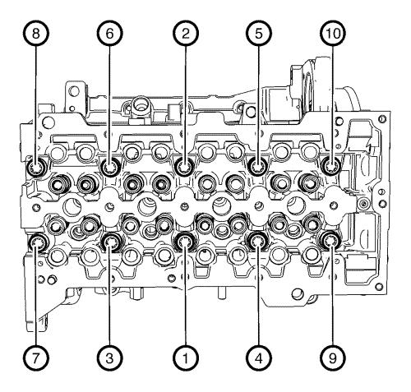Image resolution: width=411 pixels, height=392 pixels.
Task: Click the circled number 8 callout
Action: pos(35,34)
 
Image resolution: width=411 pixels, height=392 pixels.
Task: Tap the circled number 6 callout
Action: pos(109,34)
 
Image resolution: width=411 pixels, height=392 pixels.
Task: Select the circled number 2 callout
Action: pos(185,34)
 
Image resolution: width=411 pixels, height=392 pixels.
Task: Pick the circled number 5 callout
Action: pos(259,34)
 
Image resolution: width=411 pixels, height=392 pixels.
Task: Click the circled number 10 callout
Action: pos(333,34)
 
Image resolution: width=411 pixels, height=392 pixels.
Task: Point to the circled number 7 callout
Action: pos(35,357)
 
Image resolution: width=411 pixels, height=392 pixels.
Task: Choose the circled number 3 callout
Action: pos(109,357)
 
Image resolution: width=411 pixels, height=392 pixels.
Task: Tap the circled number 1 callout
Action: pos(185,357)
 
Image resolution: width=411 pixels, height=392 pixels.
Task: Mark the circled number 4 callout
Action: pos(259,357)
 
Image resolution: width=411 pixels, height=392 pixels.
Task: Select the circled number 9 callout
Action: pos(333,357)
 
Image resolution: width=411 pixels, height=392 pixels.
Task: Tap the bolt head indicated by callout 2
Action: pos(185,167)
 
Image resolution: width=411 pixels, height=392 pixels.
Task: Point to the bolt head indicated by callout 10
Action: pos(331,166)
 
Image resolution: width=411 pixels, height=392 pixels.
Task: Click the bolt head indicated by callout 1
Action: pos(185,242)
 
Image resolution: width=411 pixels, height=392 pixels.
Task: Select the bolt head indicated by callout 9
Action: pos(330,241)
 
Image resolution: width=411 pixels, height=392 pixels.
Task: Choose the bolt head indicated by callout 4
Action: pos(258,241)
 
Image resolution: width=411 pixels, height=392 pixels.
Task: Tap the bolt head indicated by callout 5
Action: pos(258,166)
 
